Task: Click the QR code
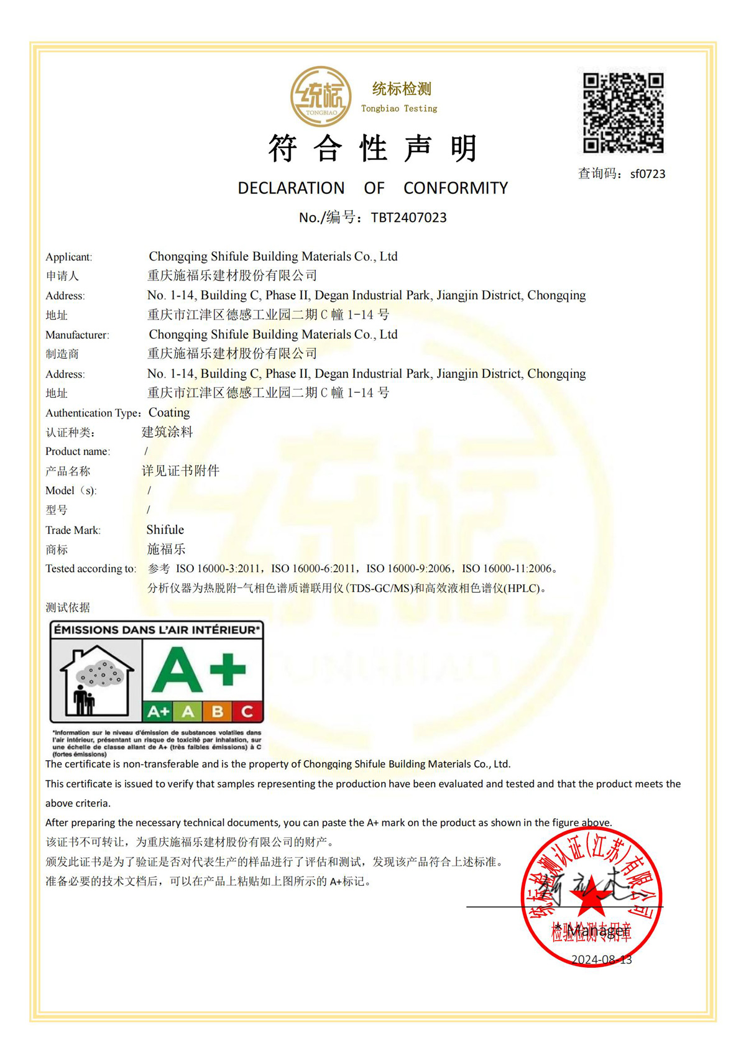click(623, 113)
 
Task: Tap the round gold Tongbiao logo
click(321, 97)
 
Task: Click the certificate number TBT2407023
click(408, 218)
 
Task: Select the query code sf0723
click(647, 174)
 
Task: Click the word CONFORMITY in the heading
click(455, 188)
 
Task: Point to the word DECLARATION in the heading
click(291, 188)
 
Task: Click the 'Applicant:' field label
click(68, 257)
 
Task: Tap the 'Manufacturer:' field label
click(77, 335)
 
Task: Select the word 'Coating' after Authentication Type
click(169, 413)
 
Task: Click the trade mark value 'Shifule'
click(165, 530)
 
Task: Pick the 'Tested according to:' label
click(91, 569)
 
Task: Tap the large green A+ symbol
click(199, 670)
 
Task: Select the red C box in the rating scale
click(247, 711)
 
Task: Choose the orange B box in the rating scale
click(218, 711)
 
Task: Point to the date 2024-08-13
click(601, 960)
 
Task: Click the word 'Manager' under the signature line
click(598, 931)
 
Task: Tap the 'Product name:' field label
click(78, 451)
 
